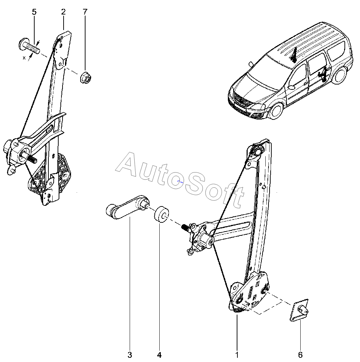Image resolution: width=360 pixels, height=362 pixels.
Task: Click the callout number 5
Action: point(34,12)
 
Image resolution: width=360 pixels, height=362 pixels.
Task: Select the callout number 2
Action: point(63,12)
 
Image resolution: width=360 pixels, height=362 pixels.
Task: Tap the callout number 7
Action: point(85,12)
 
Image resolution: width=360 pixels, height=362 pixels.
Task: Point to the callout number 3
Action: point(130,355)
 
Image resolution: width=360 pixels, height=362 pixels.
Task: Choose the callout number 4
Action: point(159,355)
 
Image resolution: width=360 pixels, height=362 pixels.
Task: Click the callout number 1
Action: point(237,355)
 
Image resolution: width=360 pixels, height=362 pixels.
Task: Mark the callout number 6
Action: point(300,355)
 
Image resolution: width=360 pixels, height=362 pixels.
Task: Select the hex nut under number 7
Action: point(85,76)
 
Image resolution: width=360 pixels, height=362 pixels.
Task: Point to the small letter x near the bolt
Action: point(24,58)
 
